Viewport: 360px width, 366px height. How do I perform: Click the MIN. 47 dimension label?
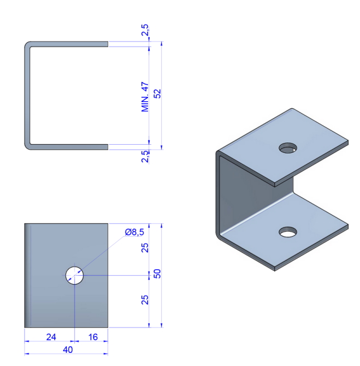coord(145,97)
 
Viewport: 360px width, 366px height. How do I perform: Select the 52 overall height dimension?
coord(158,94)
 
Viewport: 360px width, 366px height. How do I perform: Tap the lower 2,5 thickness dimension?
coord(145,157)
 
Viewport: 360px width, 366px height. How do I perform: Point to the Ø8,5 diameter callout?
coord(134,232)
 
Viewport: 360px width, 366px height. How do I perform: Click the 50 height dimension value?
coord(158,274)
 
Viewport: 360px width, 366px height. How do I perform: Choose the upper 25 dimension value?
coord(145,248)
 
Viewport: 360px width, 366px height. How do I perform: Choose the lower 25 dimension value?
coord(145,299)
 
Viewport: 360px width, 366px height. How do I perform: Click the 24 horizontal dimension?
coord(51,337)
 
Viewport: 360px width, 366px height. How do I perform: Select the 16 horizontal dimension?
coord(92,337)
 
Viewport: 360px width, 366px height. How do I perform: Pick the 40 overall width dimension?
coord(67,349)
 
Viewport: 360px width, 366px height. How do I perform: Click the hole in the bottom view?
coord(75,275)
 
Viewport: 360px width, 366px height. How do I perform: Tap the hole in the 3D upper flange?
coord(287,147)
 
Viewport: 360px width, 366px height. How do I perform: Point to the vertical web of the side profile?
coord(27,96)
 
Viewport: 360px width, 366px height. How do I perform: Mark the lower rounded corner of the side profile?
coord(28,145)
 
